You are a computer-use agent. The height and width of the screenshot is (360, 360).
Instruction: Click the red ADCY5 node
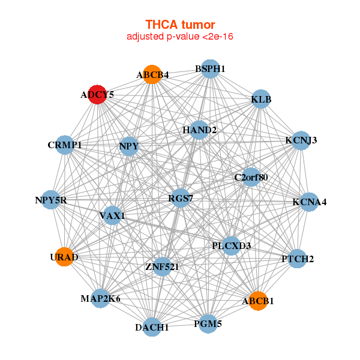(x=97, y=94)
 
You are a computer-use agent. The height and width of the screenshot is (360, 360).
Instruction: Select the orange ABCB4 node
(x=152, y=74)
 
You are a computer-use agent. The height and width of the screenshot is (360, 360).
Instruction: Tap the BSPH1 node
(x=209, y=69)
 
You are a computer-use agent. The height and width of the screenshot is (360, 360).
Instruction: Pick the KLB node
(x=261, y=98)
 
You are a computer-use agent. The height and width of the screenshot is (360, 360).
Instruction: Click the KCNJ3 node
(x=301, y=140)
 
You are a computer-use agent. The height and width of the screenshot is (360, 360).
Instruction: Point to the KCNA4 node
(x=309, y=202)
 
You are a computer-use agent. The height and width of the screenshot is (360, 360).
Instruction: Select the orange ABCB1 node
(x=258, y=301)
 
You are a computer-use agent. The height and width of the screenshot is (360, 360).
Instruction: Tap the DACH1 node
(x=152, y=328)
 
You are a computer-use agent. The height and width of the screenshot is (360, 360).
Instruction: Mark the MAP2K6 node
(x=100, y=298)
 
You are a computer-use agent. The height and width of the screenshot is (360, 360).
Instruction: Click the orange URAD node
(x=64, y=257)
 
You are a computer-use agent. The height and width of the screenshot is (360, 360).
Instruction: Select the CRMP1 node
(x=65, y=145)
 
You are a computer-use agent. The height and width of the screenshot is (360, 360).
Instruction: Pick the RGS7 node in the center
(x=181, y=198)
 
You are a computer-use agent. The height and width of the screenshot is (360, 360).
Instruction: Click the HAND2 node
(x=200, y=130)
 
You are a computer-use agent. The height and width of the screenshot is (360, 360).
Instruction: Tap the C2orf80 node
(x=251, y=177)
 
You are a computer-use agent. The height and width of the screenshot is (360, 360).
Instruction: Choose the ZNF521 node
(x=162, y=266)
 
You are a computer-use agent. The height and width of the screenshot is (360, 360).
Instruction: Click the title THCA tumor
(x=180, y=25)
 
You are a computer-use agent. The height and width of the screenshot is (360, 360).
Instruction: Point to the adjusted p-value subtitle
(x=180, y=37)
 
